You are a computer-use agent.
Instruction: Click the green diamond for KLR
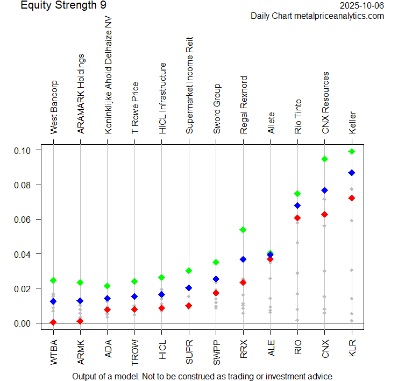[352, 151]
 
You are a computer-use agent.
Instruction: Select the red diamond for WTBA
[53, 322]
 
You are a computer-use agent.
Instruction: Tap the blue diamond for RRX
[243, 259]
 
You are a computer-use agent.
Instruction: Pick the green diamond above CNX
[324, 159]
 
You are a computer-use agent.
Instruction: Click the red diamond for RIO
[297, 218]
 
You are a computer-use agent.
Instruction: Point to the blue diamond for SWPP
[216, 279]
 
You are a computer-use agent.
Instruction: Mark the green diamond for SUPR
[189, 270]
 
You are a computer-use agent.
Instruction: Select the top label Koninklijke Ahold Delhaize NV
[108, 75]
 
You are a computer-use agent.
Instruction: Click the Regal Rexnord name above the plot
[244, 105]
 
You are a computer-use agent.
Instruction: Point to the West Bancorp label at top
[54, 108]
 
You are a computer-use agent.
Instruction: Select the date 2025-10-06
[363, 5]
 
